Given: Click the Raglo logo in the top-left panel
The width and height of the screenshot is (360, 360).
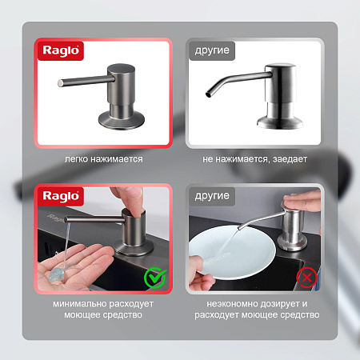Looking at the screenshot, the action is pyautogui.click(x=61, y=50).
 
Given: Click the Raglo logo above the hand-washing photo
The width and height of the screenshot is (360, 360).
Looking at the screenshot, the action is pyautogui.click(x=61, y=196).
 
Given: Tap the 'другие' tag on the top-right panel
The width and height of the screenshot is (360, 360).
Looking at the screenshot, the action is pyautogui.click(x=212, y=50).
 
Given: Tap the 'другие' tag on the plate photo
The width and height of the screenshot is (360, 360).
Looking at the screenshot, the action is pyautogui.click(x=212, y=196).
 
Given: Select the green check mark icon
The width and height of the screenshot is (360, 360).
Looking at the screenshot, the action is pyautogui.click(x=155, y=278).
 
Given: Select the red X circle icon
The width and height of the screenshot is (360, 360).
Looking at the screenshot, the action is pyautogui.click(x=307, y=278).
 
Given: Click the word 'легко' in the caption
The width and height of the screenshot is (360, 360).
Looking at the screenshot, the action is pyautogui.click(x=76, y=159).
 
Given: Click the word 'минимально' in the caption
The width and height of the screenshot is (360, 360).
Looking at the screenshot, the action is pyautogui.click(x=79, y=304).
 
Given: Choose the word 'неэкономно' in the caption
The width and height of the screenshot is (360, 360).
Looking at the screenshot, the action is pyautogui.click(x=232, y=304).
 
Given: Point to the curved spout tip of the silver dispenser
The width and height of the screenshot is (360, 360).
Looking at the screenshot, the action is pyautogui.click(x=208, y=94).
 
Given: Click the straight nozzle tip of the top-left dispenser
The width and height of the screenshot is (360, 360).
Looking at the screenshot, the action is pyautogui.click(x=60, y=83).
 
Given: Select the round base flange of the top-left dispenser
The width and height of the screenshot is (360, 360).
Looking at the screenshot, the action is pyautogui.click(x=122, y=121).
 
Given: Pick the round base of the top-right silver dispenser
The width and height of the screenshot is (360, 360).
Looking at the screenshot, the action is pyautogui.click(x=280, y=122).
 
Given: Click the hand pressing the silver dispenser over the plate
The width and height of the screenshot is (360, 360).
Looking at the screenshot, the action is pyautogui.click(x=303, y=201).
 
